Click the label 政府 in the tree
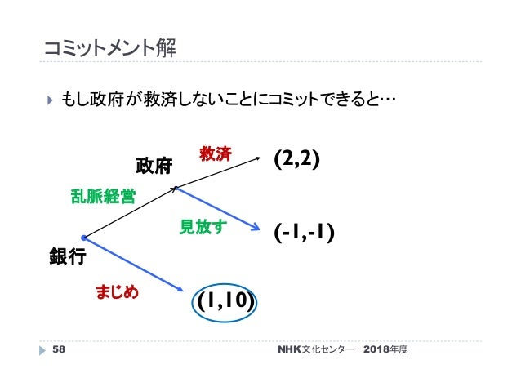coord(154,167)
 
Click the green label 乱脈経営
coord(105,197)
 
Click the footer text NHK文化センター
coord(315,349)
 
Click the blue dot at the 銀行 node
coord(84,238)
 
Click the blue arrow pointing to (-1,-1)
coord(220,211)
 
